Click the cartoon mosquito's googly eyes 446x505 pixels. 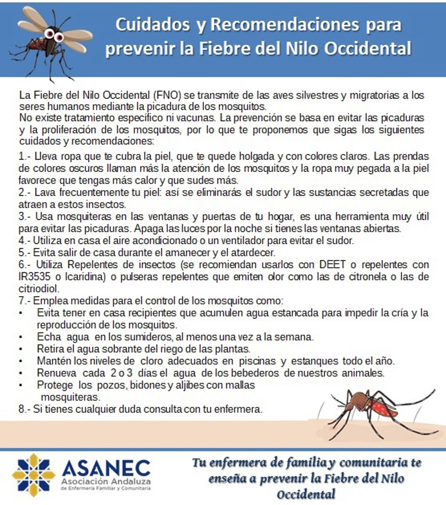point(53,35)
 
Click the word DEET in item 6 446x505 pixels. point(332,265)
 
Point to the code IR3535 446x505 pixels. point(35,277)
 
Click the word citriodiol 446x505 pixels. point(38,289)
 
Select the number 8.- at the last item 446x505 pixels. point(24,409)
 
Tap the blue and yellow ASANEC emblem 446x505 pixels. point(33,475)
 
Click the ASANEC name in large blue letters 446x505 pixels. point(106,468)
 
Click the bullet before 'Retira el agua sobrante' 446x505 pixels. point(21,349)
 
